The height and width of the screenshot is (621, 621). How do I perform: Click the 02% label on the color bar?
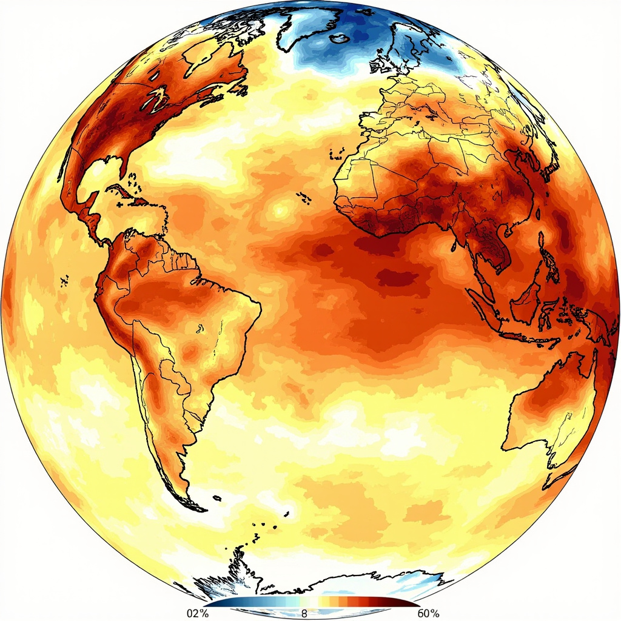(196, 614)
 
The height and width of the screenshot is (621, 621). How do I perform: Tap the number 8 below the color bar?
(304, 614)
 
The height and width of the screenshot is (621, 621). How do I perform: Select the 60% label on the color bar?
(428, 614)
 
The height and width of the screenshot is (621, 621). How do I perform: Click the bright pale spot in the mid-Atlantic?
(280, 210)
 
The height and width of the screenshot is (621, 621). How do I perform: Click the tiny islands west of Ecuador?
(64, 280)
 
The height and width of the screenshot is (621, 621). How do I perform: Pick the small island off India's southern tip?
(454, 247)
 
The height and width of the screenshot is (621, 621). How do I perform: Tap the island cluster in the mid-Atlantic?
(302, 195)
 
